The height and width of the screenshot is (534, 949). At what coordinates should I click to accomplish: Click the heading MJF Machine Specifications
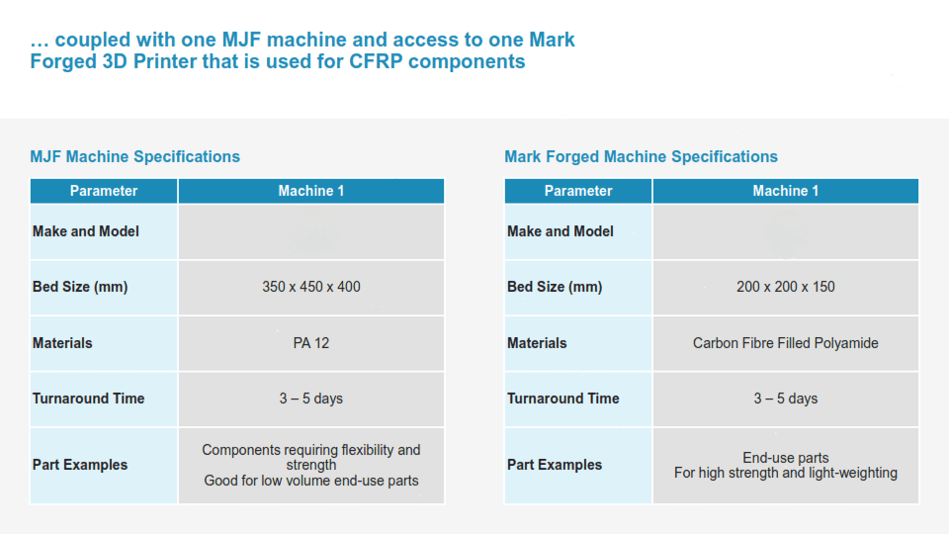pyautogui.click(x=135, y=157)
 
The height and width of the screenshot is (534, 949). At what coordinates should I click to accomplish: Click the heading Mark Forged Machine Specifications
pyautogui.click(x=641, y=157)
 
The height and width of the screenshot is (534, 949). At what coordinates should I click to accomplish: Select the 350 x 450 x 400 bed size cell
pyautogui.click(x=311, y=287)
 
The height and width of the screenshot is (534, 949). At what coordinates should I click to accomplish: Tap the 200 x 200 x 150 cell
pyautogui.click(x=786, y=287)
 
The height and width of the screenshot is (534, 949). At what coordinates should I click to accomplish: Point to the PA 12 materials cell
pyautogui.click(x=311, y=343)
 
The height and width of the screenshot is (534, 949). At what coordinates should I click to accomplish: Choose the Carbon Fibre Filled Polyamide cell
pyautogui.click(x=786, y=343)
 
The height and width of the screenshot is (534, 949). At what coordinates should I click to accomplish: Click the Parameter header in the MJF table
pyautogui.click(x=104, y=191)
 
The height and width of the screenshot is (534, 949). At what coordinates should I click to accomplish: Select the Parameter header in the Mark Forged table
pyautogui.click(x=578, y=191)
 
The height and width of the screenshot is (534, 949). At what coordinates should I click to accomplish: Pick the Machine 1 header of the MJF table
pyautogui.click(x=311, y=191)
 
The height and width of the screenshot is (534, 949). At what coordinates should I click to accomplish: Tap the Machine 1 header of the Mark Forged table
pyautogui.click(x=786, y=191)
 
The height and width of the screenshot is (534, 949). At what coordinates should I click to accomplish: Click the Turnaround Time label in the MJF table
pyautogui.click(x=88, y=399)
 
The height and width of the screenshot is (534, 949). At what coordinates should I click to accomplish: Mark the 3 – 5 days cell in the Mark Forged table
pyautogui.click(x=786, y=399)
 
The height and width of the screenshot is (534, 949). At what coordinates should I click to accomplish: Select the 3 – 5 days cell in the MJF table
pyautogui.click(x=311, y=399)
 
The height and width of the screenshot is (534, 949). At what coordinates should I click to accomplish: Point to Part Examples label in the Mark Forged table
pyautogui.click(x=555, y=465)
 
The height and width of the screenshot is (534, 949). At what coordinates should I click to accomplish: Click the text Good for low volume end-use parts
pyautogui.click(x=311, y=481)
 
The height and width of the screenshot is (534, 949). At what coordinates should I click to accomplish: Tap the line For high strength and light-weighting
pyautogui.click(x=786, y=473)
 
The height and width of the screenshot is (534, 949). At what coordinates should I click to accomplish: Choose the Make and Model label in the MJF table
pyautogui.click(x=86, y=231)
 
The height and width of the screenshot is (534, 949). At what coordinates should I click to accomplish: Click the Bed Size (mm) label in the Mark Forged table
pyautogui.click(x=555, y=287)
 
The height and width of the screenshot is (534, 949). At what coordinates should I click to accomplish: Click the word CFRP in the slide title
pyautogui.click(x=376, y=61)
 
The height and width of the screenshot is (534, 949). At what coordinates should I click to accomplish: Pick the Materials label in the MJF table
pyautogui.click(x=62, y=343)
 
